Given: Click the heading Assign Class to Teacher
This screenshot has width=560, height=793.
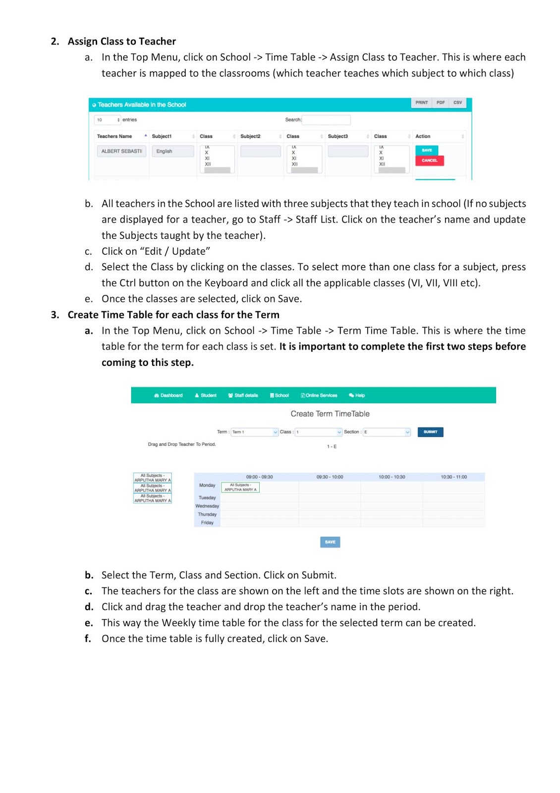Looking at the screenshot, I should click(x=121, y=41).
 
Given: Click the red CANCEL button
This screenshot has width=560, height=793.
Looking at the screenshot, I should click(x=429, y=161).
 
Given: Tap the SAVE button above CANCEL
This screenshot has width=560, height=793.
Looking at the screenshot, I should click(x=427, y=150).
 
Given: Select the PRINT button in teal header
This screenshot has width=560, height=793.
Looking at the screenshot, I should click(x=421, y=103).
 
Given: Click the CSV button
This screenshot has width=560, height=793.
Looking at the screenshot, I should click(x=457, y=103).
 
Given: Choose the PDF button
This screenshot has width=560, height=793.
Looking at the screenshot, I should click(x=440, y=103).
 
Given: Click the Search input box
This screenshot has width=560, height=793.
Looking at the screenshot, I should click(x=326, y=119).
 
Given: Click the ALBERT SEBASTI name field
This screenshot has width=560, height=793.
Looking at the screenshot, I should click(x=121, y=151).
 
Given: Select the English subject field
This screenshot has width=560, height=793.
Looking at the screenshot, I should click(x=172, y=151).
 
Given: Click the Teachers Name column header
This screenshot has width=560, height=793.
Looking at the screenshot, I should click(x=114, y=136).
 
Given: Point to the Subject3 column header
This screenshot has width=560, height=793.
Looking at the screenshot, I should click(x=338, y=136).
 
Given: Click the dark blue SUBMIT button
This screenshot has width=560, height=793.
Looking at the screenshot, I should click(x=430, y=432).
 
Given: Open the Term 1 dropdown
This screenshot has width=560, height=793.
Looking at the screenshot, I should click(x=255, y=432).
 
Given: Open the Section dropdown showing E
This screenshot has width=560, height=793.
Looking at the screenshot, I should click(x=387, y=432).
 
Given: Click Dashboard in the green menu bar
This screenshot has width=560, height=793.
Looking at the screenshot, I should click(x=168, y=396).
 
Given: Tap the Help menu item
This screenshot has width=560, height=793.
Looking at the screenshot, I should click(x=357, y=396).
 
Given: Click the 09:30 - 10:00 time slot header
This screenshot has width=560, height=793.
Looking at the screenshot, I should click(x=330, y=477).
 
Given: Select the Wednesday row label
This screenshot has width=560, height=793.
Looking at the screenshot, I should click(x=207, y=506).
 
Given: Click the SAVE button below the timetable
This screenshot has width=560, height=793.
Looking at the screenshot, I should click(x=330, y=542).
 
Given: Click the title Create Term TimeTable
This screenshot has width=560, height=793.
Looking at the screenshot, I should click(x=330, y=414).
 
